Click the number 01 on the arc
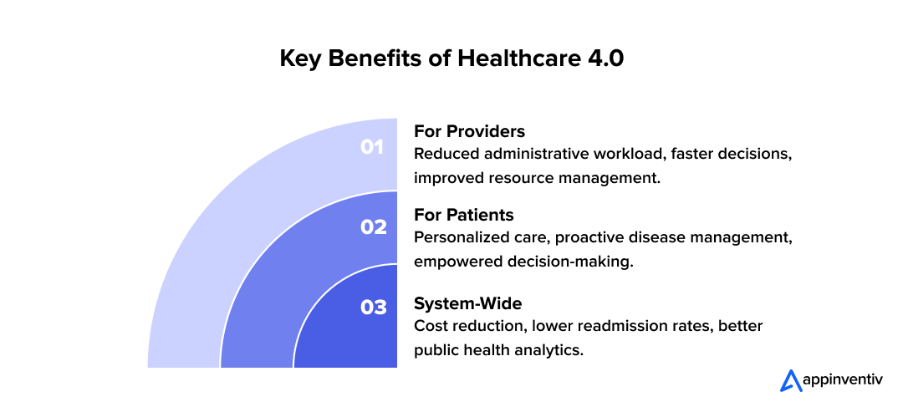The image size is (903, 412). tap(371, 147)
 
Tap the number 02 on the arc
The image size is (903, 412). tap(373, 226)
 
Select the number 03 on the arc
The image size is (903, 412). tap(373, 308)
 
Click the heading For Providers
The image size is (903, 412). tap(469, 132)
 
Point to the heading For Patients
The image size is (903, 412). tap(463, 215)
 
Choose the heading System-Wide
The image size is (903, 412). tap(467, 303)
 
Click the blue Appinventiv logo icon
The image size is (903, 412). tap(790, 380)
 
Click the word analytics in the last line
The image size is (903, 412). tap(549, 349)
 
